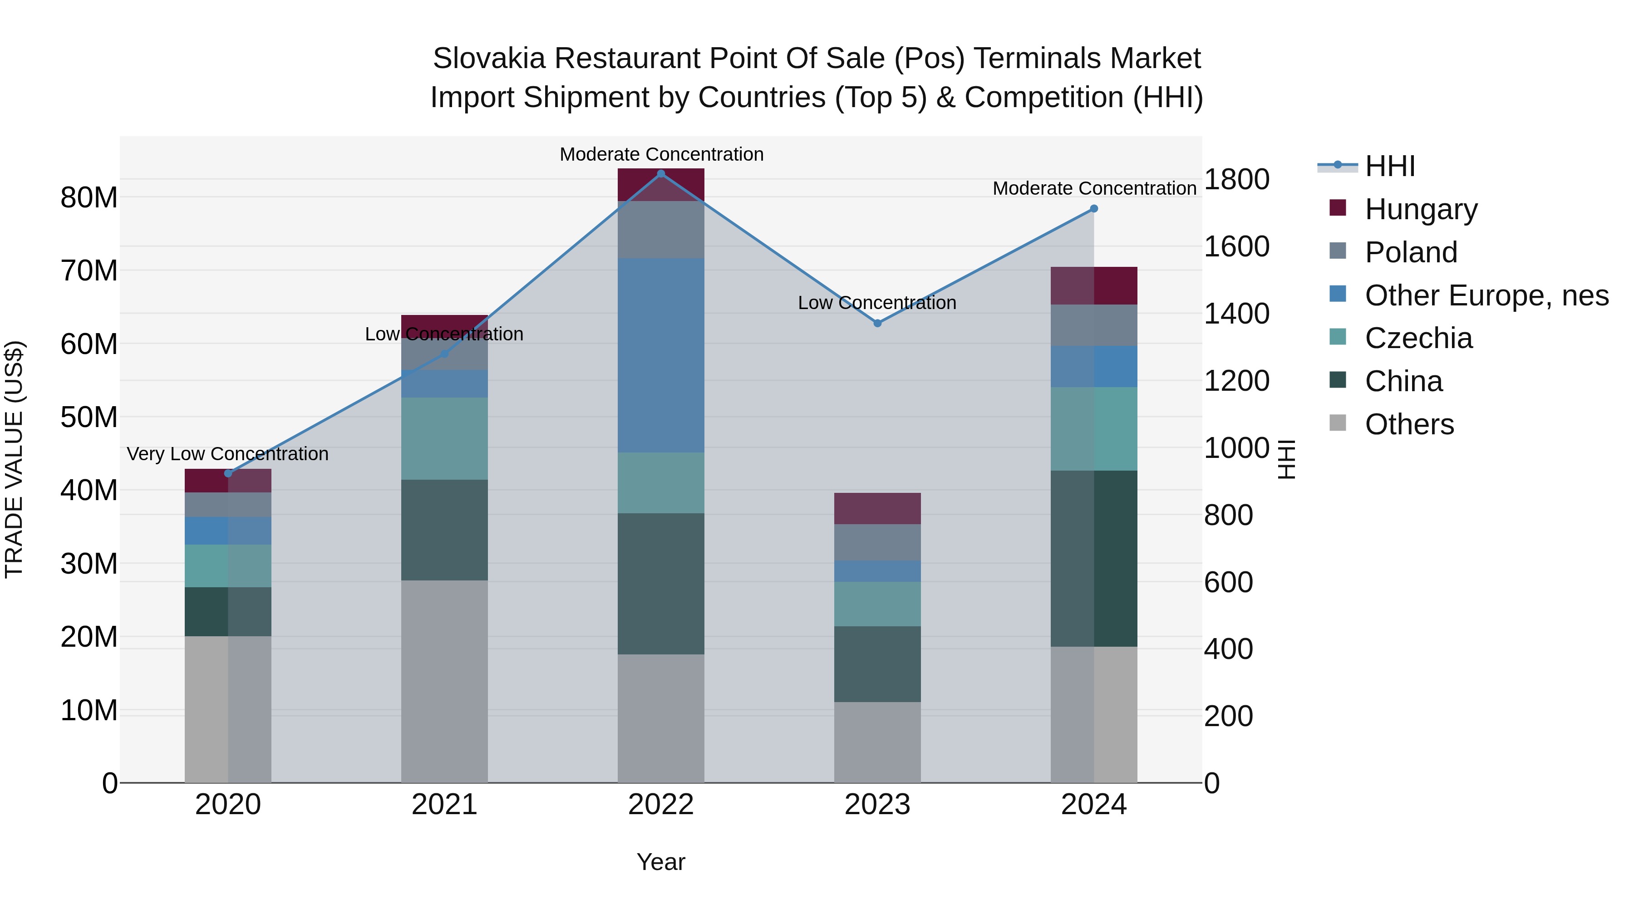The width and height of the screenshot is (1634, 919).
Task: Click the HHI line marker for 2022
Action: (661, 174)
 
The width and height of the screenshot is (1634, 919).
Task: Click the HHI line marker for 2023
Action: (877, 324)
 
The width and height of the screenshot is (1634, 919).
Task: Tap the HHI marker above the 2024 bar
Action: (1093, 209)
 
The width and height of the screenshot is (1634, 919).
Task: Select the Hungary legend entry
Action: (1420, 209)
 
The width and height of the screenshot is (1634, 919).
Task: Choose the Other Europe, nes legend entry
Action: (1486, 295)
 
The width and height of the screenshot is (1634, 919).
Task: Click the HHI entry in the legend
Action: (1389, 166)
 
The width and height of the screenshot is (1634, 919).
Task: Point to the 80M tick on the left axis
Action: (89, 198)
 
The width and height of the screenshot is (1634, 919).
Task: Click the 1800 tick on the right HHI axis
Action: (1236, 179)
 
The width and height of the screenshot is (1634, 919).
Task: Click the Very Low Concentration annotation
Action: (228, 454)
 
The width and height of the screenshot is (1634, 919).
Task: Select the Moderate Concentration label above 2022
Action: (661, 155)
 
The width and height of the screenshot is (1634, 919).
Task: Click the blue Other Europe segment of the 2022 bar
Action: (661, 355)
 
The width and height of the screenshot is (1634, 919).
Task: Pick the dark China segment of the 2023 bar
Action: (877, 664)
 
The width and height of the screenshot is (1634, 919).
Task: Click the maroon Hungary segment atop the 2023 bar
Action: (877, 509)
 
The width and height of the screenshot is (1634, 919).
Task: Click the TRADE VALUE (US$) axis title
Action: (14, 459)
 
